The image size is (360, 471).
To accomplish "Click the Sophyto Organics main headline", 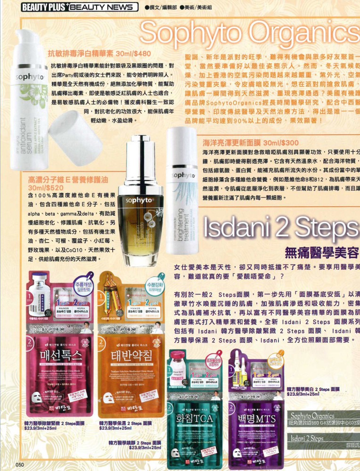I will [250, 33].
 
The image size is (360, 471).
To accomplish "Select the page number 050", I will [19, 464].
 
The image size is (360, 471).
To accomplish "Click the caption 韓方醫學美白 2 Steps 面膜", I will [313, 390].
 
